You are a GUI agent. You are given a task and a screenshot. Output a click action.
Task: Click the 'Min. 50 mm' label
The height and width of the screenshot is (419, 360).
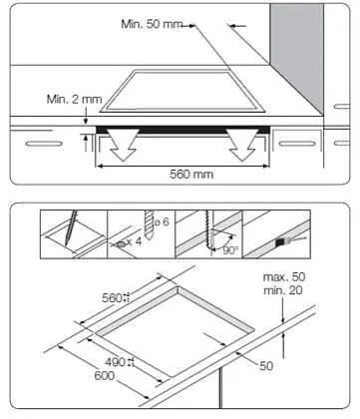152,24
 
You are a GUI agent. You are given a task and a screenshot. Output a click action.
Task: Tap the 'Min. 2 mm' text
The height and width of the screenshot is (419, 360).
74,99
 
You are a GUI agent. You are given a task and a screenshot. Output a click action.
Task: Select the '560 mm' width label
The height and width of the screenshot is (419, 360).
191,175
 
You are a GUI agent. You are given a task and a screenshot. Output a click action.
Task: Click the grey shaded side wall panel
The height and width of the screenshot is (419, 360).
297,57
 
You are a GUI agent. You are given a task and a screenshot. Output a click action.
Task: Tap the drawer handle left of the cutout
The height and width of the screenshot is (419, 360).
44,144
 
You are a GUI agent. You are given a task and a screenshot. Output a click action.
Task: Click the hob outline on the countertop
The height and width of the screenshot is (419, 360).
182,91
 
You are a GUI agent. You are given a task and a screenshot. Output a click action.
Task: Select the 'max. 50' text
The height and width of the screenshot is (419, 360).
284,277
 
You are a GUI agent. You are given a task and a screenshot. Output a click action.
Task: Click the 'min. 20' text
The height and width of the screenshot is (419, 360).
283,290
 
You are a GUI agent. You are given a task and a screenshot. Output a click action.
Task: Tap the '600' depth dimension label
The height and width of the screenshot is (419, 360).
105,376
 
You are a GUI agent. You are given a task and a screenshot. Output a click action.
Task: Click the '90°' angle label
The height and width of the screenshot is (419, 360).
230,250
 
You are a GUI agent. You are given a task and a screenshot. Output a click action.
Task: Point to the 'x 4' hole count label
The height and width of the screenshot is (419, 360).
134,241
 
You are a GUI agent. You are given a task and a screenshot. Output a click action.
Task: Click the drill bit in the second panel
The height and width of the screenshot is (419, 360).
149,225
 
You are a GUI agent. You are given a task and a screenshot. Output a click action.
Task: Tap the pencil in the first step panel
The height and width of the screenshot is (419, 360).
71,228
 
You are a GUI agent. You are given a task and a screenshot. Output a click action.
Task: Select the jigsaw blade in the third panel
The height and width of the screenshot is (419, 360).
209,232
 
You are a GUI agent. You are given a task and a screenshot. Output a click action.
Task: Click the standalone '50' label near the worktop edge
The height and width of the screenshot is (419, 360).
266,366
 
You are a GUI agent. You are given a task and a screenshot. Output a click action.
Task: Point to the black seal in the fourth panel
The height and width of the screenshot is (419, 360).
280,241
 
